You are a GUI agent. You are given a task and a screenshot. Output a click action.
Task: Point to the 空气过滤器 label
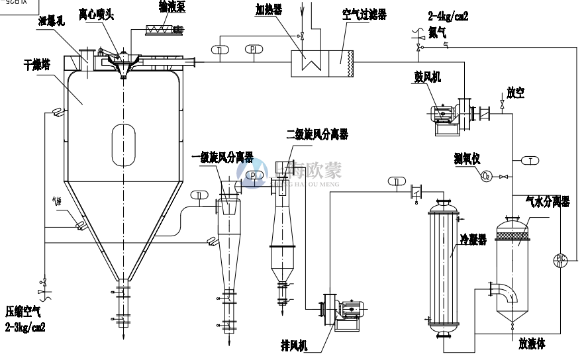click(364, 14)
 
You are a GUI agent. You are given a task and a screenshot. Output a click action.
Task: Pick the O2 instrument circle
click(486, 176)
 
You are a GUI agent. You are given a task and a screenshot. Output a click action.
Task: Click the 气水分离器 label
click(547, 201)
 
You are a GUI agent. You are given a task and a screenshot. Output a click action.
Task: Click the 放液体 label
click(532, 343)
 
